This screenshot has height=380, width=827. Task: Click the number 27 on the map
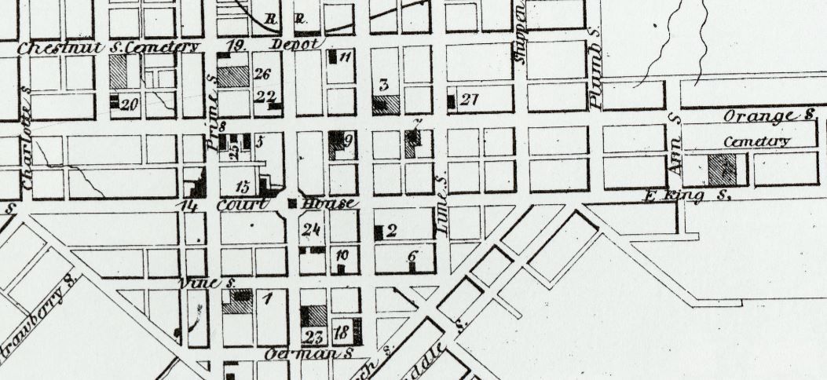(470, 100)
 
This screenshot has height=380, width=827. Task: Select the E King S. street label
(675, 196)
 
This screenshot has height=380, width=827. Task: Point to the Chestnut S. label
(63, 47)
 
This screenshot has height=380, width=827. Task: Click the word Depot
(295, 43)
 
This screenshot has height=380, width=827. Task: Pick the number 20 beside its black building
(130, 104)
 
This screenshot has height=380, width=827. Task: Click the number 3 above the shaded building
(385, 84)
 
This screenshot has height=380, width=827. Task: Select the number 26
(262, 75)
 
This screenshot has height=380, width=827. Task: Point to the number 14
(188, 206)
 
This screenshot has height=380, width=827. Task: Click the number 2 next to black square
(390, 230)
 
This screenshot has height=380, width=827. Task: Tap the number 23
(313, 338)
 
